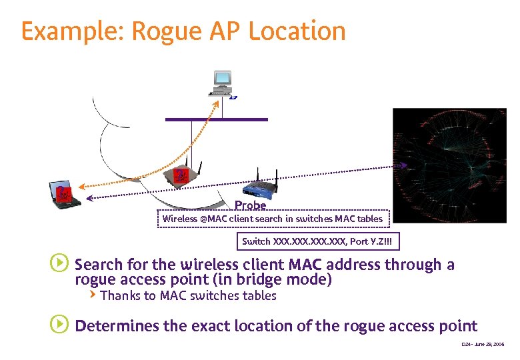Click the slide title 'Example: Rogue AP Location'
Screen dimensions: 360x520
183,31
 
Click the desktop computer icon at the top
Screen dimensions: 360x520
222,83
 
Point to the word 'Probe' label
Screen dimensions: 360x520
250,206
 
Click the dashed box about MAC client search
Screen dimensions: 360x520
273,219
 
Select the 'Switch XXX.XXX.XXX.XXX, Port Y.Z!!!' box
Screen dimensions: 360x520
319,241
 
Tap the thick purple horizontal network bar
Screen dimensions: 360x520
216,119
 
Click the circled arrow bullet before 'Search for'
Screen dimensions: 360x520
59,264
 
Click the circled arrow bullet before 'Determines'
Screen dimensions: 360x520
59,325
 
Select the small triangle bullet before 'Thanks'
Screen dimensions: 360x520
93,294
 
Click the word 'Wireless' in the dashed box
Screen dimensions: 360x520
180,219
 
